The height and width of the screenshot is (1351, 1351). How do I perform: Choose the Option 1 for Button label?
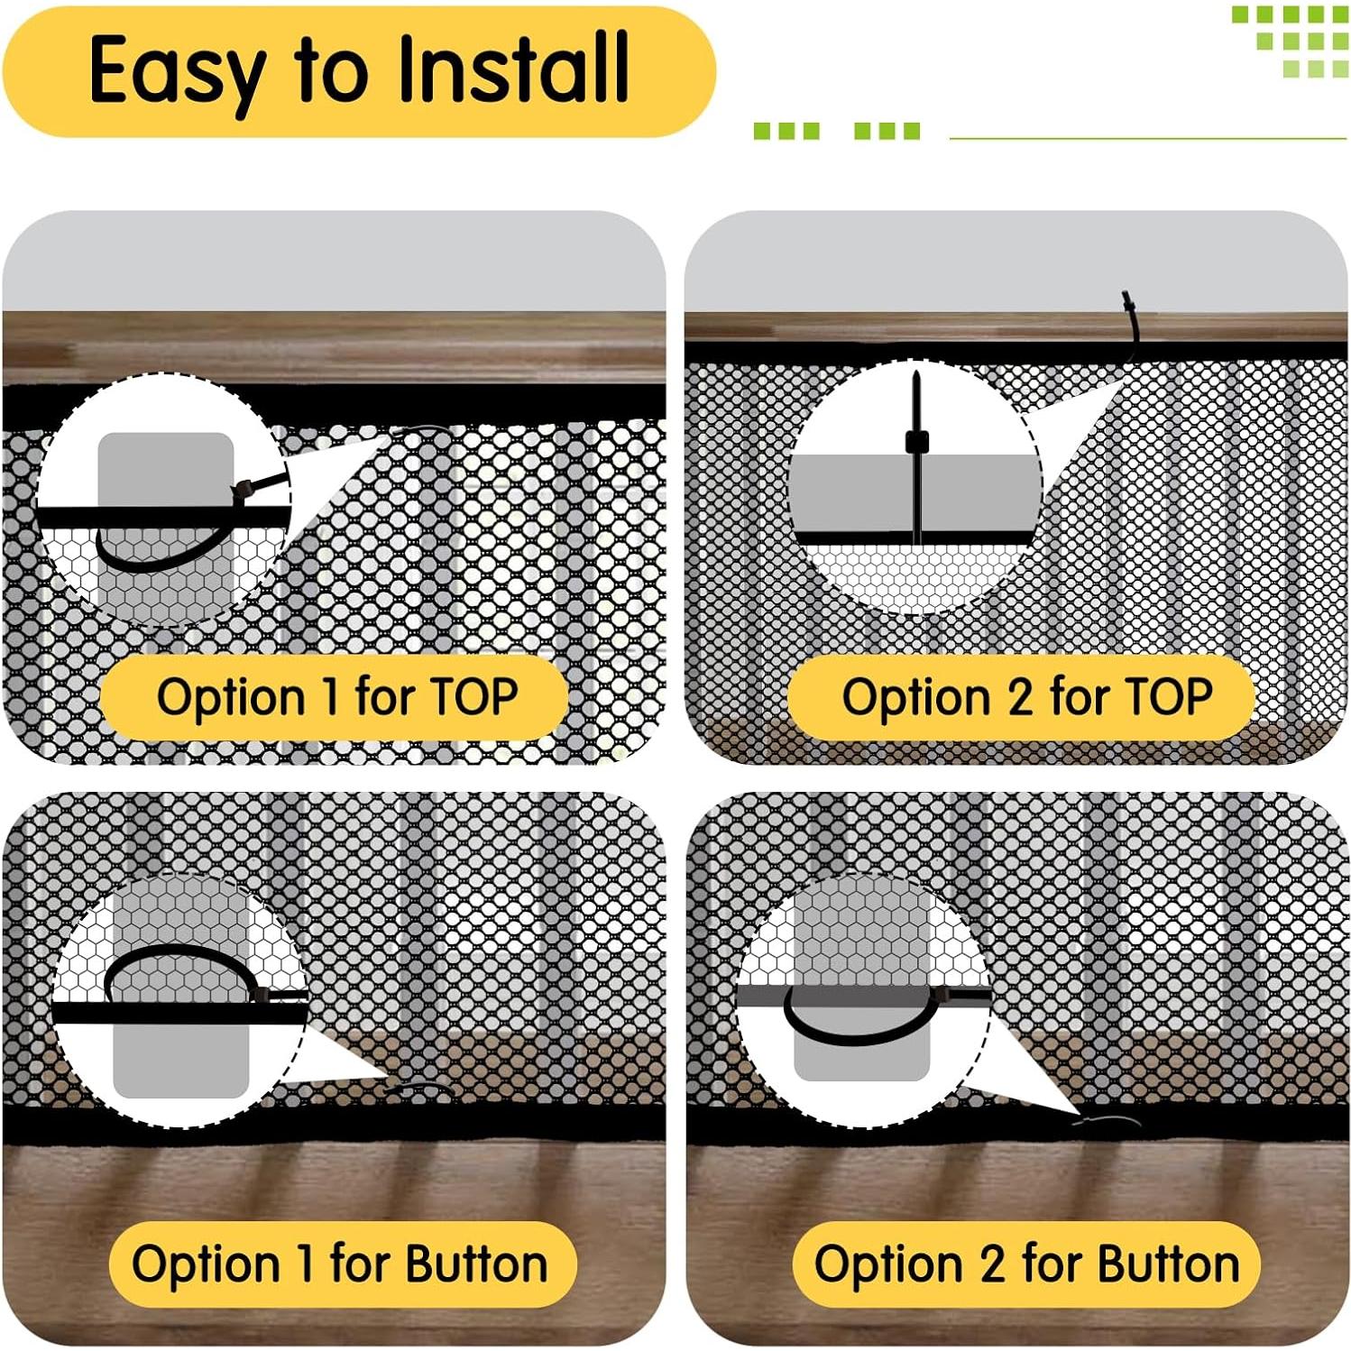pyautogui.click(x=341, y=1264)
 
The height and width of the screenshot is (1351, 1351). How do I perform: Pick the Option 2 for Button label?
pyautogui.click(x=1025, y=1264)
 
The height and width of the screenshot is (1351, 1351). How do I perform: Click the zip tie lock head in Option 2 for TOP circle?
pyautogui.click(x=916, y=441)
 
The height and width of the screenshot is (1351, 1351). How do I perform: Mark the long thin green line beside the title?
pyautogui.click(x=1148, y=139)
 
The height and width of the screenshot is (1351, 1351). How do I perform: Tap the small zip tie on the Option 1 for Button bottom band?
pyautogui.click(x=421, y=1088)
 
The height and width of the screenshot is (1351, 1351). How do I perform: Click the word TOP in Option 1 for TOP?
pyautogui.click(x=473, y=697)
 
